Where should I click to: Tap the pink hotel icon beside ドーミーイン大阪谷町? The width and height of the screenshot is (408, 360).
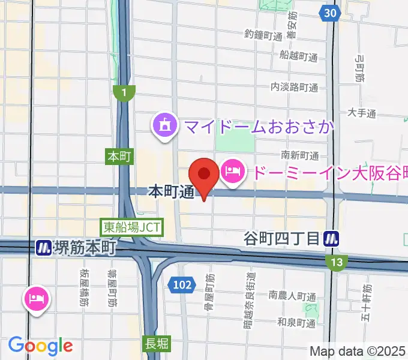point(232,172)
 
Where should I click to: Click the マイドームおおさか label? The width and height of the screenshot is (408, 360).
point(259,127)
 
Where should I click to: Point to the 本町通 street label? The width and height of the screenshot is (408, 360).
point(171,193)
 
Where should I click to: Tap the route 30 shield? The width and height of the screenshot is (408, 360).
point(328,13)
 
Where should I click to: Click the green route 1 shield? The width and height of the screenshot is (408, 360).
point(125,92)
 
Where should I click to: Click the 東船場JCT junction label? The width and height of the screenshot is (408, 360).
point(124,227)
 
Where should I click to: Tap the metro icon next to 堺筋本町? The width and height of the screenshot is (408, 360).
point(43,247)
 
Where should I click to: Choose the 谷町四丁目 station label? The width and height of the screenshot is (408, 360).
point(281,239)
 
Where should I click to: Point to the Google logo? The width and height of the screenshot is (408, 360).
point(40,345)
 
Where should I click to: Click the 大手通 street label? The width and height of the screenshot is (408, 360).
point(362,113)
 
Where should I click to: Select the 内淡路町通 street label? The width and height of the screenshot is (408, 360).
point(294,87)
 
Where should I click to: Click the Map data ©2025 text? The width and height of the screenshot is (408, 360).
point(358,351)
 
